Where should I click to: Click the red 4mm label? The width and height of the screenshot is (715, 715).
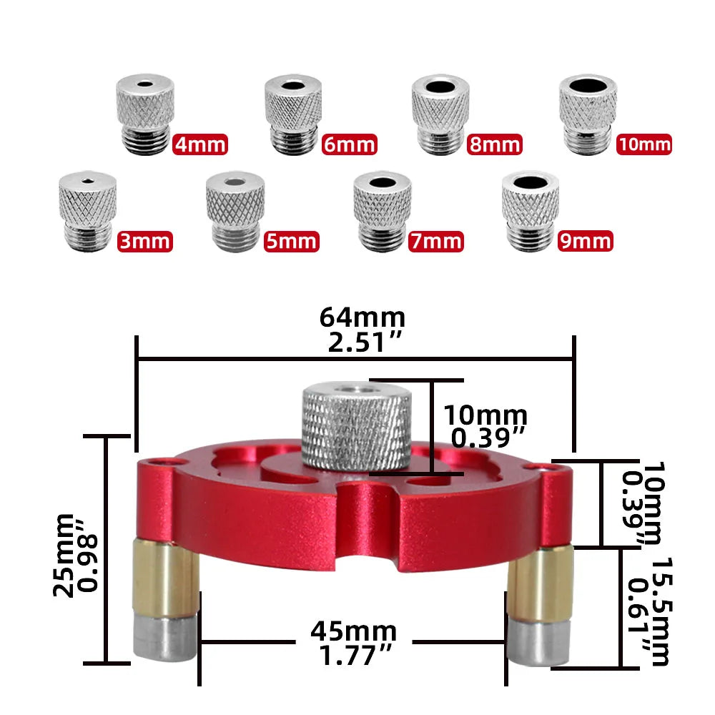200,145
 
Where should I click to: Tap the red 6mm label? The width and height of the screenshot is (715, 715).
349,145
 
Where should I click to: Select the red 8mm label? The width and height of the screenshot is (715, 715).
495,145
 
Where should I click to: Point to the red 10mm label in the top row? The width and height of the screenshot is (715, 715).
643,145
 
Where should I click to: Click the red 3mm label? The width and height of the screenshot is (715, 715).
144,241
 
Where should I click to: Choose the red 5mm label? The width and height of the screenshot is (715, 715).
291,241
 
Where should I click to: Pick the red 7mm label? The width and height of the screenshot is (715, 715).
436,241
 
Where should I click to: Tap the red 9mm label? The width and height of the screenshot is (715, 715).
585,241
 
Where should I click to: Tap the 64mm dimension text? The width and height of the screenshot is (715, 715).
363,316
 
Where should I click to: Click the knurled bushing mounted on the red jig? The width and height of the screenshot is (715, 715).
355,425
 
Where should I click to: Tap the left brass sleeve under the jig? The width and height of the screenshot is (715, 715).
162,579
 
